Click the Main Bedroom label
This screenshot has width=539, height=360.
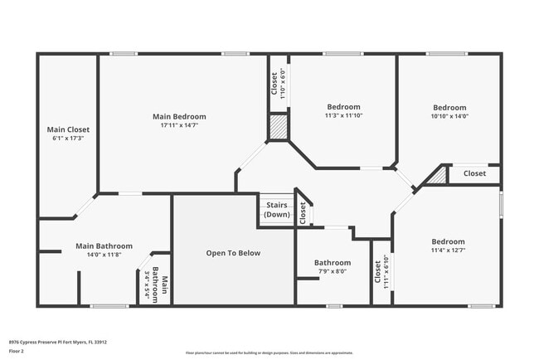tap(179, 117)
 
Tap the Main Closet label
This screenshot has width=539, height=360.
tap(68, 129)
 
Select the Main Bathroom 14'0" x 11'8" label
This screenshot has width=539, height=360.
tap(104, 246)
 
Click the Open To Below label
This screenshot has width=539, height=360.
tap(233, 253)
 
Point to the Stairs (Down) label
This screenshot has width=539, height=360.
tap(277, 209)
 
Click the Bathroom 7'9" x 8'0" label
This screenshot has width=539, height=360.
tap(332, 263)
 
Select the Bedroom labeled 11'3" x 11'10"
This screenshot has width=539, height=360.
tap(343, 107)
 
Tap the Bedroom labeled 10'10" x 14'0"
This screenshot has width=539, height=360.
tap(449, 108)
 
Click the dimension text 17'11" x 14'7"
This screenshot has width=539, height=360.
tap(179, 126)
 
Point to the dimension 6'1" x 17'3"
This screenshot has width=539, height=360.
tap(68, 139)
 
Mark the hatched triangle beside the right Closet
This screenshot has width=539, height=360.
tap(437, 175)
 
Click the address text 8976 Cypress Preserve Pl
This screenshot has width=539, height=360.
tap(57, 342)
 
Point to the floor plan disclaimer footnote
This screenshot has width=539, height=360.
tap(269, 353)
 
